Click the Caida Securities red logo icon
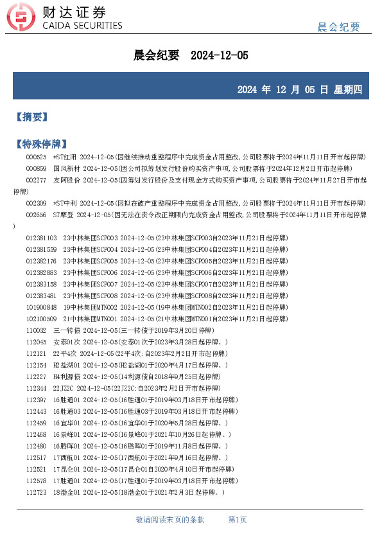click(x=21, y=19)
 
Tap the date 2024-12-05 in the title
click(x=220, y=56)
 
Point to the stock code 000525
click(x=36, y=157)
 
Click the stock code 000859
click(x=36, y=168)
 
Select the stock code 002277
click(x=36, y=180)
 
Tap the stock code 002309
click(x=36, y=203)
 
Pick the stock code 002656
click(x=36, y=215)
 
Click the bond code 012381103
click(x=41, y=238)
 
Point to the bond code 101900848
click(x=41, y=307)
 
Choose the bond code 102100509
click(x=41, y=319)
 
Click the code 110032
click(x=36, y=330)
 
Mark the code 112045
click(x=36, y=342)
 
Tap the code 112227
click(x=36, y=377)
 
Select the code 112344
click(x=36, y=388)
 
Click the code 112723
click(x=36, y=492)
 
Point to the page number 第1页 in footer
click(x=238, y=519)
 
